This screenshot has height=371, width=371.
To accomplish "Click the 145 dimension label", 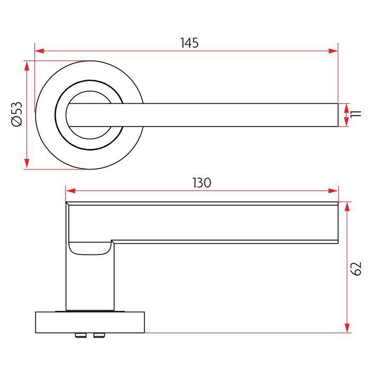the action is click(x=189, y=43).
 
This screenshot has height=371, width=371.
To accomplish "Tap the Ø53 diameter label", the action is click(x=17, y=114).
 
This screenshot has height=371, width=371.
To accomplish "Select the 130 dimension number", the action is click(x=201, y=183).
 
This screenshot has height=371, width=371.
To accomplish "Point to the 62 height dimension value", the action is click(x=356, y=268).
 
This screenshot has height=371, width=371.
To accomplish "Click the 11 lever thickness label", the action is click(x=356, y=114).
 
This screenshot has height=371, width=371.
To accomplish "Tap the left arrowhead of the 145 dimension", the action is click(x=40, y=51).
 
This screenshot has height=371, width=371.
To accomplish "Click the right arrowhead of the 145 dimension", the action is click(x=333, y=51).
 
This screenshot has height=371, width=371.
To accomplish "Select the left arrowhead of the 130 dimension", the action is click(x=70, y=191).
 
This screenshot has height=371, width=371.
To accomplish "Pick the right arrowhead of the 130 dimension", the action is click(x=333, y=191).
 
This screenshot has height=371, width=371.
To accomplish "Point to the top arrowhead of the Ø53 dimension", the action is click(x=26, y=66).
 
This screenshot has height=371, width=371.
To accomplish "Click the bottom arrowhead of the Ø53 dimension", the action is click(x=26, y=163).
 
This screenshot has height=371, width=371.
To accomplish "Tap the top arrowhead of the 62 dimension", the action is click(x=347, y=207).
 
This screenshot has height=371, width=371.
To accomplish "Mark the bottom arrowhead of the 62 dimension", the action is click(x=347, y=328).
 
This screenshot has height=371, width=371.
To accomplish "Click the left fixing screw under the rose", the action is click(x=81, y=335).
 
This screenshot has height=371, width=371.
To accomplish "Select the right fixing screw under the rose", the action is click(x=99, y=335).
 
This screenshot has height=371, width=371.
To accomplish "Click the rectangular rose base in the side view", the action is click(x=90, y=322).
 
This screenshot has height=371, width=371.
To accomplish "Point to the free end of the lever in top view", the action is click(x=338, y=115).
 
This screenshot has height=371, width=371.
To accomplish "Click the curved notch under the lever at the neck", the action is click(x=90, y=248).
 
